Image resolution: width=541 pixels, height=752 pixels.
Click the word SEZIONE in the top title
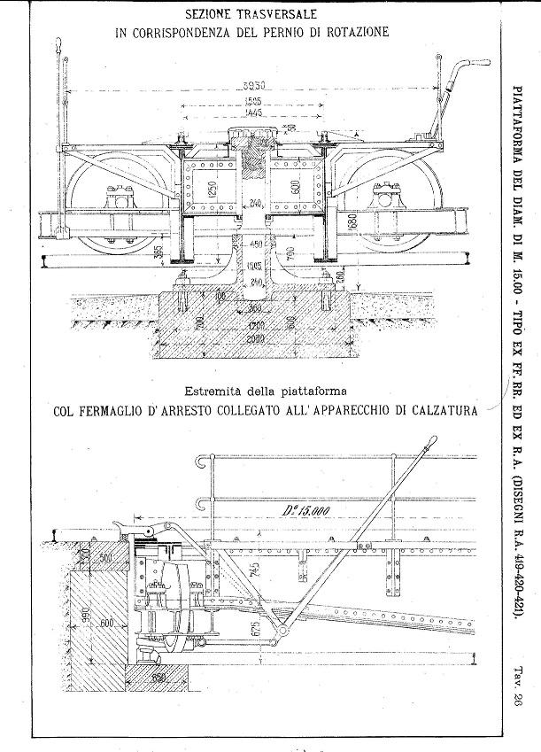(214, 15)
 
